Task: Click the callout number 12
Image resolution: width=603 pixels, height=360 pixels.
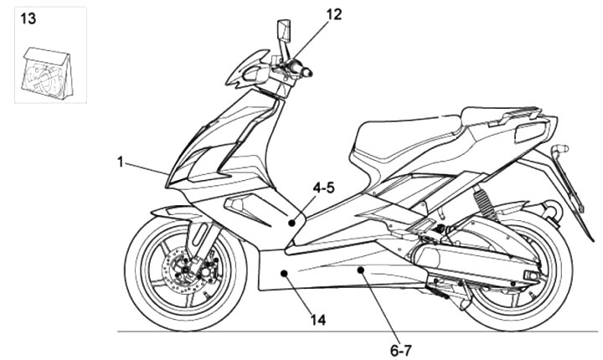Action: coord(333,13)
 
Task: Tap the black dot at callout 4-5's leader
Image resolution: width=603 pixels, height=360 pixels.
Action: coord(291,223)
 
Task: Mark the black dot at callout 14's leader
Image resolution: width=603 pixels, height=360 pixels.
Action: coord(286,273)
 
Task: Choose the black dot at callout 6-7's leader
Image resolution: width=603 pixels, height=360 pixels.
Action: coord(359,270)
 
